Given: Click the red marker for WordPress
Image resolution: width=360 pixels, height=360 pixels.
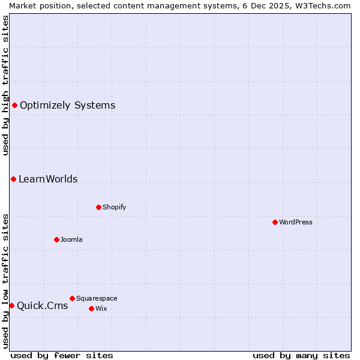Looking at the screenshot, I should click(275, 222).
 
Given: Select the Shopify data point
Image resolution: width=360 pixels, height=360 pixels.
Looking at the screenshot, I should click(98, 207).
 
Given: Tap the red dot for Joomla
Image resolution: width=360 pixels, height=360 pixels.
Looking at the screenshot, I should click(56, 239).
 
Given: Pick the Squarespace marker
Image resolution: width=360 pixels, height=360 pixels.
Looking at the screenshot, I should click(72, 298).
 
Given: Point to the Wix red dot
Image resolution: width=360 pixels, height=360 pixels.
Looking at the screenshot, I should click(91, 308).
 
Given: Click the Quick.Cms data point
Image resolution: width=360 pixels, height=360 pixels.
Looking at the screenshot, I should click(11, 305).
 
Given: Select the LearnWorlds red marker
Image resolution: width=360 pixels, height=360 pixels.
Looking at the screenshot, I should click(13, 179).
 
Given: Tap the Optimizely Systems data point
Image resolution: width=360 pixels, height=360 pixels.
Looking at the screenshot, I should click(14, 105).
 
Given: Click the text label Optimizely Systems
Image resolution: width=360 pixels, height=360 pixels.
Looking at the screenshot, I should click(67, 106).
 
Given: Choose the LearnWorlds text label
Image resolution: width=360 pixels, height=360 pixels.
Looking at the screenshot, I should click(48, 179).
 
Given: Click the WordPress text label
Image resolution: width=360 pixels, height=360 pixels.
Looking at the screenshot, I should click(296, 222).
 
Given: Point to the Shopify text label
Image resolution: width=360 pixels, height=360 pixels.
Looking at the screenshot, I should click(114, 207).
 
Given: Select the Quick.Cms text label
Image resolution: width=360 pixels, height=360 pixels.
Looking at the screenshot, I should click(42, 306).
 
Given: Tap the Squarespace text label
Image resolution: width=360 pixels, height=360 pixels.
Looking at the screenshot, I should click(97, 298).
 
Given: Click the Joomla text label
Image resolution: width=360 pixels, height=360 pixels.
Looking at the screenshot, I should click(71, 239).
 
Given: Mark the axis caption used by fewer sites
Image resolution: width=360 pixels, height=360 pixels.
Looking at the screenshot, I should click(62, 355).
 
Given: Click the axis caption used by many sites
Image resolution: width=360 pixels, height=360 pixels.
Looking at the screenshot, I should click(301, 355).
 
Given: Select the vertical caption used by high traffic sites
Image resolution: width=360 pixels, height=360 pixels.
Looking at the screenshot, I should click(5, 85).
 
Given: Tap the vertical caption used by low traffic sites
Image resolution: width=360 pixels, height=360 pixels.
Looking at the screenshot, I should click(5, 280).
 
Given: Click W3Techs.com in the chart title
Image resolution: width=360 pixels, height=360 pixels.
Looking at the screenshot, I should click(325, 5).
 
